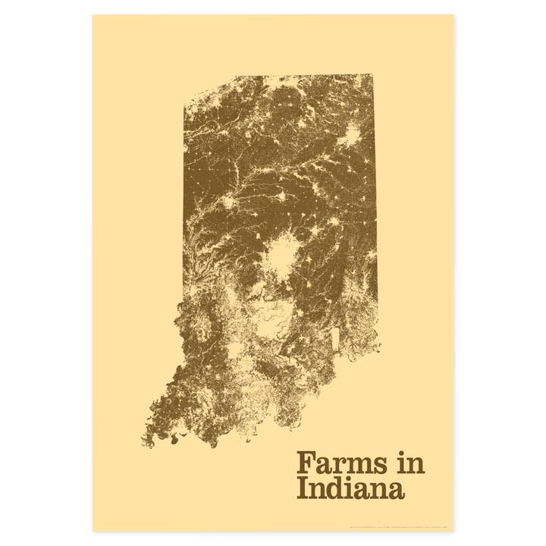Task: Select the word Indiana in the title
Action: point(350,488)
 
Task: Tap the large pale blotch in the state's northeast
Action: point(350,137)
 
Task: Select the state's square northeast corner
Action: point(372,75)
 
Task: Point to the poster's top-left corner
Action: point(93,14)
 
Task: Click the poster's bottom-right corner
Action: point(453,532)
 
